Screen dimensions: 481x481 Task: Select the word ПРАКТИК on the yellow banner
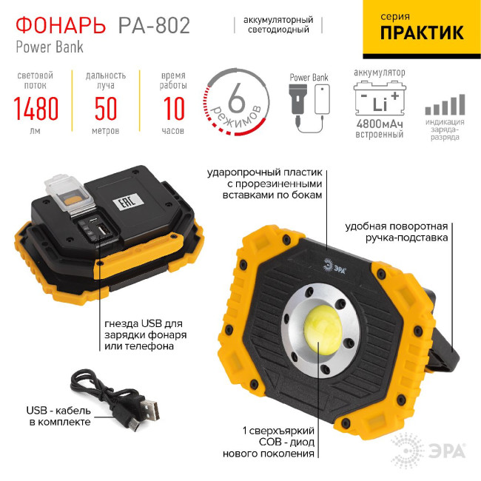coord(422,33)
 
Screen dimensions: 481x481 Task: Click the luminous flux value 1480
coord(36,110)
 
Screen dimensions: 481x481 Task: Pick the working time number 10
coord(172,110)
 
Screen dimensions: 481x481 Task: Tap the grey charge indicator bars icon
coord(445,104)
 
